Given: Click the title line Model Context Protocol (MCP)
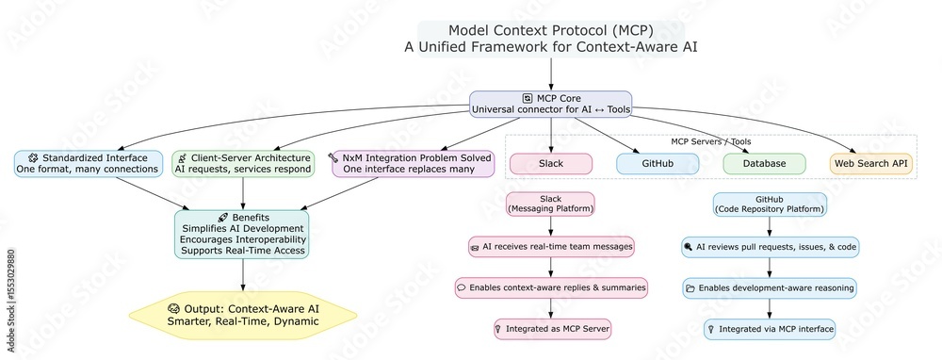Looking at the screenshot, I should [550, 29].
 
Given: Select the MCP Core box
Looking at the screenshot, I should [551, 104].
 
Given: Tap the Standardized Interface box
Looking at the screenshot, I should [87, 163].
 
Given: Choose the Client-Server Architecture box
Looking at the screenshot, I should [244, 163].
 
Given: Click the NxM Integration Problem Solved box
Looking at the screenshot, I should [413, 163].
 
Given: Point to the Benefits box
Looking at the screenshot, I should [244, 235].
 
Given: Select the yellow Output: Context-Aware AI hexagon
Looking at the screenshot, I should [244, 315].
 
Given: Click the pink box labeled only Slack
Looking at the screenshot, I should [551, 164].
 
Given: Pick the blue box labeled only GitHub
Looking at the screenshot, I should [658, 164].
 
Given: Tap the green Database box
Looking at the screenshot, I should [764, 164].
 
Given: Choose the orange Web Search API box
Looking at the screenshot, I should [870, 164].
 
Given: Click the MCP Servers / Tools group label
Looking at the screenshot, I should [711, 141].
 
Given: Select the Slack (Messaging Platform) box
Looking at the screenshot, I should [551, 205].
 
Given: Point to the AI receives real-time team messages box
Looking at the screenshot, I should [551, 247].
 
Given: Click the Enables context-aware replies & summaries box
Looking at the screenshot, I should [551, 287].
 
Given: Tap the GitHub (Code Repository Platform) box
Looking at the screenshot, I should [770, 205].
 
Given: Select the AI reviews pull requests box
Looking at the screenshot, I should [770, 247].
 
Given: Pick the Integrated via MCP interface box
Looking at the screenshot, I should [770, 329].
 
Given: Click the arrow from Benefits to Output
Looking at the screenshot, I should [244, 274].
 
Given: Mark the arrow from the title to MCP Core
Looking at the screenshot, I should [551, 74].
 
